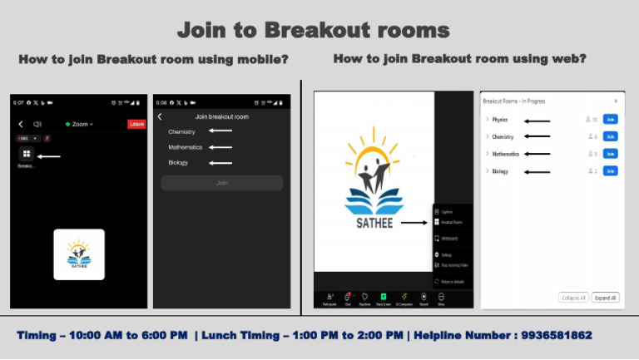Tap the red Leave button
tap(136, 124)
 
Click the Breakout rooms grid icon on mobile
tap(27, 154)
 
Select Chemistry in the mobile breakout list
tap(182, 131)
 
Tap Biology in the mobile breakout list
tap(178, 163)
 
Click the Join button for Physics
tap(610, 120)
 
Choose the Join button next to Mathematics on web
tap(610, 154)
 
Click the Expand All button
tap(605, 297)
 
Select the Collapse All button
tap(573, 297)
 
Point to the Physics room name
tap(499, 120)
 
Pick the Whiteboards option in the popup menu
tap(450, 238)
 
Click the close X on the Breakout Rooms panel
tap(615, 101)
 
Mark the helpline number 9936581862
tap(557, 336)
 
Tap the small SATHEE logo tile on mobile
tap(79, 254)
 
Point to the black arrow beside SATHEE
tap(414, 223)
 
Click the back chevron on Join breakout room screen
tap(160, 116)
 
